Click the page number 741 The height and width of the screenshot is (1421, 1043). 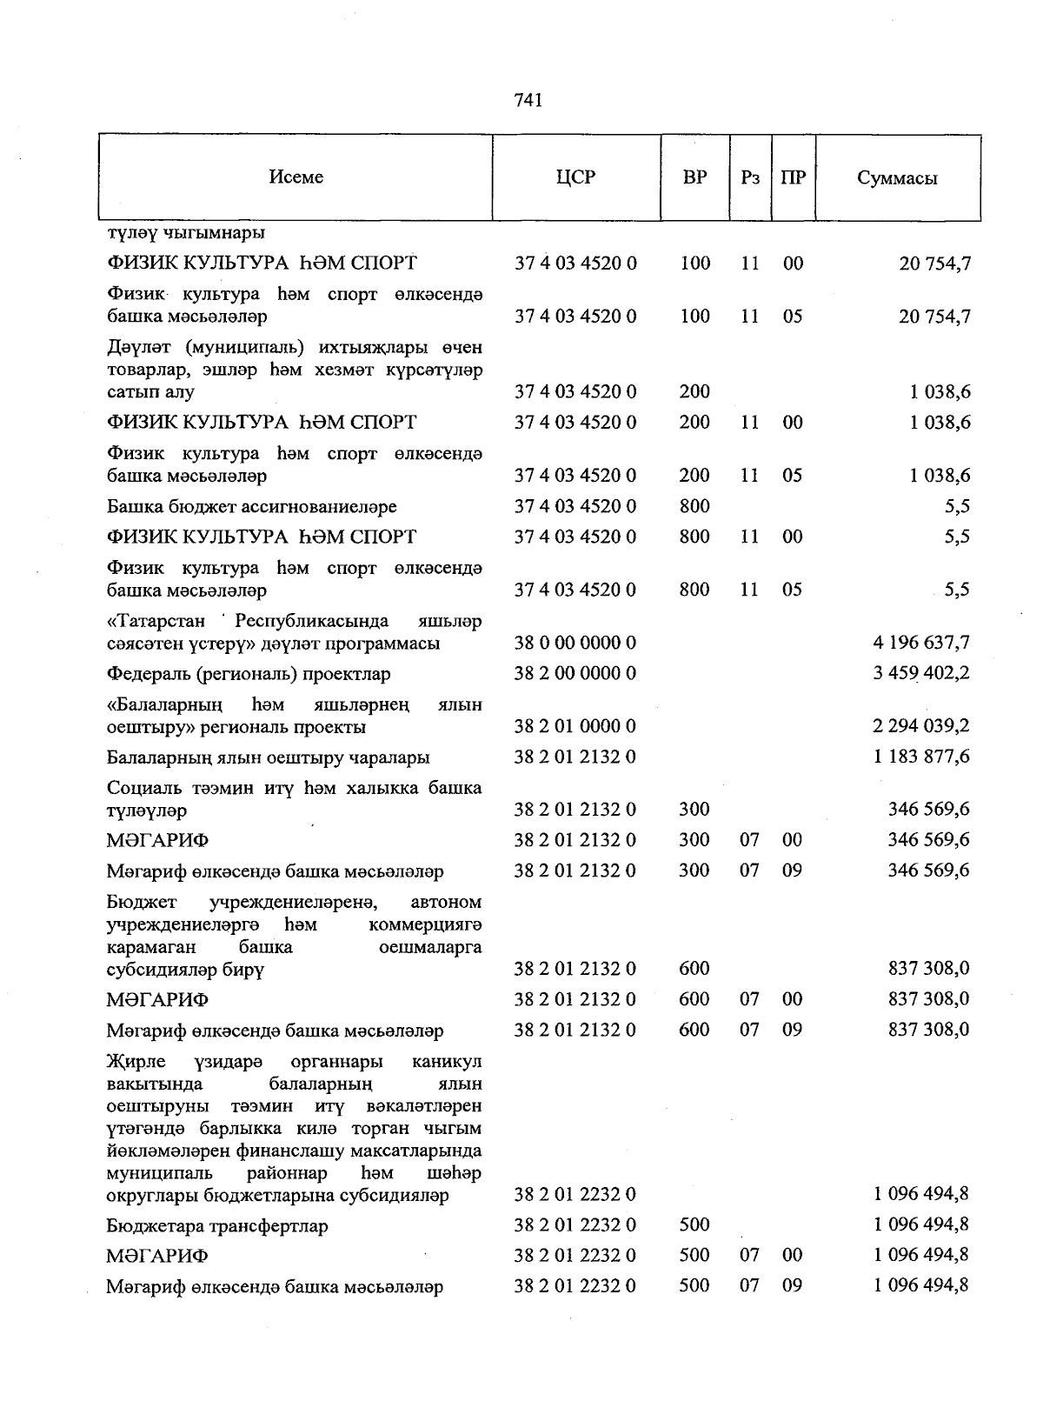point(528,100)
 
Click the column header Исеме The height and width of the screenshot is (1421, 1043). point(296,177)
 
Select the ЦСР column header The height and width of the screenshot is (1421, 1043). point(575,177)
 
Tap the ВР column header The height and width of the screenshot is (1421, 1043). point(694,177)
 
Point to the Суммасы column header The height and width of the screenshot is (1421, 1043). point(897,178)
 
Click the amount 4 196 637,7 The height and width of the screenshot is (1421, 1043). point(920,643)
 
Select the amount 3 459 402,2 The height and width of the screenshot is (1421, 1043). point(920,673)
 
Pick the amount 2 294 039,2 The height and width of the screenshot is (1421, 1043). point(920,726)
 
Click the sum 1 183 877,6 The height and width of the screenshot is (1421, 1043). point(920,757)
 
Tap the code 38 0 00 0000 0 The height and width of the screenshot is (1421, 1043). point(575,643)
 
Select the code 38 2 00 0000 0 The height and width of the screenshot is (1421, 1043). point(575,673)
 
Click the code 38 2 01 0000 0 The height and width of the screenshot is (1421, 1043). point(575,726)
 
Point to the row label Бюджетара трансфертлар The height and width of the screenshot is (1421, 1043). point(217,1226)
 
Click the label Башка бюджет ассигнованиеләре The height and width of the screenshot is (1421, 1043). point(251,506)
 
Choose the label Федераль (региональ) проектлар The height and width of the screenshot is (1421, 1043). point(249,674)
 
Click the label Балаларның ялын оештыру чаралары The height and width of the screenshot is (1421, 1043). point(268,757)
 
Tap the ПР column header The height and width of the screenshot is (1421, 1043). point(793,177)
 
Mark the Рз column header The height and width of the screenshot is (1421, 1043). point(750,177)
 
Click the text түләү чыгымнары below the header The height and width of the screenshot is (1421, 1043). point(186,233)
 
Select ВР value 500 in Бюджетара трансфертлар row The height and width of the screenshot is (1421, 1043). point(694,1224)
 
